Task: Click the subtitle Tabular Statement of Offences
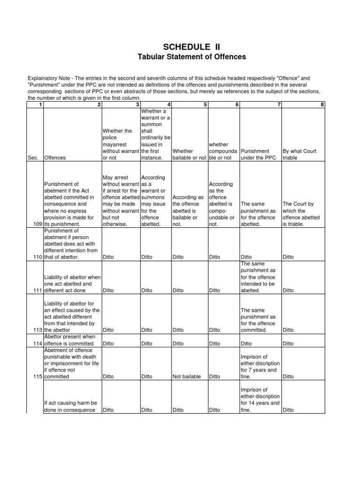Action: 191,57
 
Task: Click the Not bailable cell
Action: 187,376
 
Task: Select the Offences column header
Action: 56,158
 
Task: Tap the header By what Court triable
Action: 300,155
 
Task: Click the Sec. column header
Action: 33,158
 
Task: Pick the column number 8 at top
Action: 322,105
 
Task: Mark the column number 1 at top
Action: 41,105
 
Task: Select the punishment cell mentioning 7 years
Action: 260,367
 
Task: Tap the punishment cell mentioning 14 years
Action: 260,400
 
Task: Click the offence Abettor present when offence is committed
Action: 69,340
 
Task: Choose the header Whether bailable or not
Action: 189,155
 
